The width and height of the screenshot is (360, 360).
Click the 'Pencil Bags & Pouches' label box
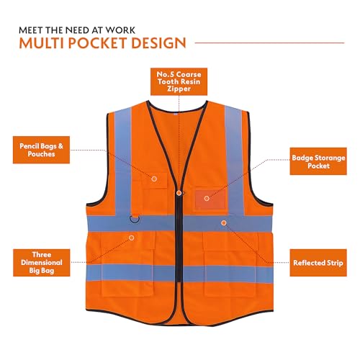41,150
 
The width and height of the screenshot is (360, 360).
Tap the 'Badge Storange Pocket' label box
318,161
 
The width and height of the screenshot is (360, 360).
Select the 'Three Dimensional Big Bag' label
42,263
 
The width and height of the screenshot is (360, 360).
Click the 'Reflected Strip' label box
318,263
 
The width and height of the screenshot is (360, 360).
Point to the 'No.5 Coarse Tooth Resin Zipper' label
179,81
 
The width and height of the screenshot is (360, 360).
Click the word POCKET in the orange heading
98,43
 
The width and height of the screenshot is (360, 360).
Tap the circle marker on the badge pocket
207,199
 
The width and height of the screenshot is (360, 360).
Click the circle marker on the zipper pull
179,193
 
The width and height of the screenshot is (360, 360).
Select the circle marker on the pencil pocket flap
154,179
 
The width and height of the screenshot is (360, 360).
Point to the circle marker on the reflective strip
224,223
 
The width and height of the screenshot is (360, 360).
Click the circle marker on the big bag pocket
131,238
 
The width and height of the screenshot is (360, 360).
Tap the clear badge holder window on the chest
210,199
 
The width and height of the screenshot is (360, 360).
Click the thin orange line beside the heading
270,43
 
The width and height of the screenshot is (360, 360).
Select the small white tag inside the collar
176,114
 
